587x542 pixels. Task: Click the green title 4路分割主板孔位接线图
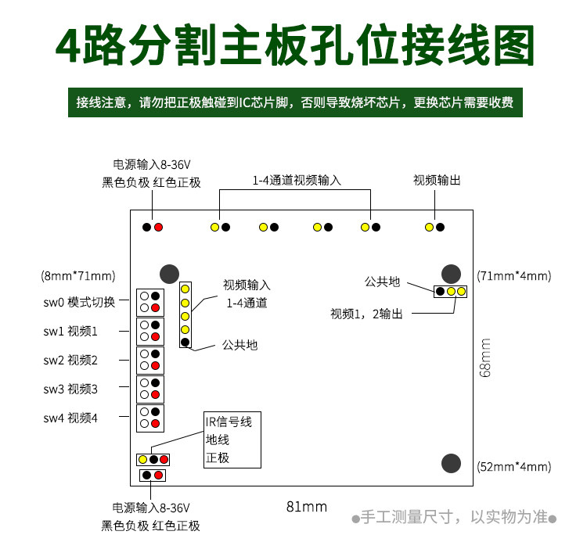pos(296,49)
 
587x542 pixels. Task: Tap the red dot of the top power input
pos(158,227)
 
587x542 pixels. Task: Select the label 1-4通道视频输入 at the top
pos(297,180)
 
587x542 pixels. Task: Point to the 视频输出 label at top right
pos(437,180)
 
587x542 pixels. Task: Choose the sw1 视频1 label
pos(70,331)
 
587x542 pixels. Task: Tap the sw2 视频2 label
pos(70,360)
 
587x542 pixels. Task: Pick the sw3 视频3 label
pos(70,389)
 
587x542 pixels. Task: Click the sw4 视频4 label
pos(70,418)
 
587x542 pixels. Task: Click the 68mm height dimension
pos(486,358)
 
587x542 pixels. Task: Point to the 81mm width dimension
pos(306,506)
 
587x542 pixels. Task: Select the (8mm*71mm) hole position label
pos(78,275)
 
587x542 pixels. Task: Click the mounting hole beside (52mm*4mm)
pos(450,463)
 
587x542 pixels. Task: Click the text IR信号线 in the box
pos(229,422)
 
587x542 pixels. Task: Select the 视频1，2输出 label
pos(366,314)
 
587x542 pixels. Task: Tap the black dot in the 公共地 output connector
pos(441,292)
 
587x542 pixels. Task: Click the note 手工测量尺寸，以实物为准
pos(453,517)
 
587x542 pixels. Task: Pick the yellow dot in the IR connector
pos(142,459)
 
